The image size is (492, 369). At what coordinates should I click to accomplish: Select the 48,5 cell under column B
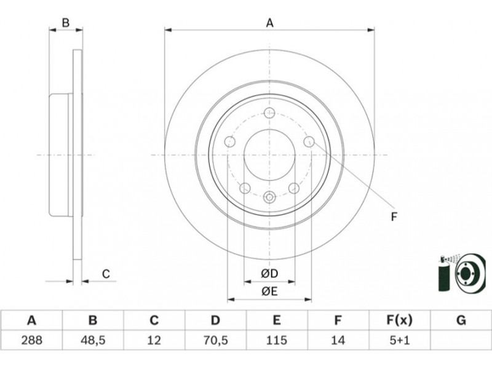pyautogui.click(x=92, y=338)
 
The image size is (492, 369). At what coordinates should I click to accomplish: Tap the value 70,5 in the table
pyautogui.click(x=215, y=338)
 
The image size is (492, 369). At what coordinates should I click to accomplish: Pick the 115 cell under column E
pyautogui.click(x=277, y=338)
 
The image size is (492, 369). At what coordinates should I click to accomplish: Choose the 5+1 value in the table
pyautogui.click(x=399, y=338)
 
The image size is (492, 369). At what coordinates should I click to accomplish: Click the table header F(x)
pyautogui.click(x=399, y=320)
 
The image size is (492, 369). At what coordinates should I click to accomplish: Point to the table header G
pyautogui.click(x=461, y=320)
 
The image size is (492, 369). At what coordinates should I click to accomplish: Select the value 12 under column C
pyautogui.click(x=154, y=338)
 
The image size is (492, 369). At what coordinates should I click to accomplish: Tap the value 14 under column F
pyautogui.click(x=338, y=338)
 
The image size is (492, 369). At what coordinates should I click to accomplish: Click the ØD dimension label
pyautogui.click(x=269, y=273)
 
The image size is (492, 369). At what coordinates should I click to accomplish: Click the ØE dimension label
pyautogui.click(x=269, y=292)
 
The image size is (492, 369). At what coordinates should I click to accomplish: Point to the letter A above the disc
pyautogui.click(x=269, y=23)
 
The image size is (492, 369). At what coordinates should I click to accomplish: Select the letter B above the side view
pyautogui.click(x=65, y=23)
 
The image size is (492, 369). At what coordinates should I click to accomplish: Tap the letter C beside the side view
pyautogui.click(x=106, y=274)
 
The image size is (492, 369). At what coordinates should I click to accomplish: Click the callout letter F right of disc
pyautogui.click(x=394, y=216)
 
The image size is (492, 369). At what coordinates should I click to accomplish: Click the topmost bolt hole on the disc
pyautogui.click(x=269, y=113)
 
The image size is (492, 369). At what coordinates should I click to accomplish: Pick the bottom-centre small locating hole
pyautogui.click(x=269, y=197)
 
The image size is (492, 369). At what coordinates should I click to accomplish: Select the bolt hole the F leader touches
pyautogui.click(x=309, y=143)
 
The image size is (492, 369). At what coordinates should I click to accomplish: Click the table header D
pyautogui.click(x=215, y=320)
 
